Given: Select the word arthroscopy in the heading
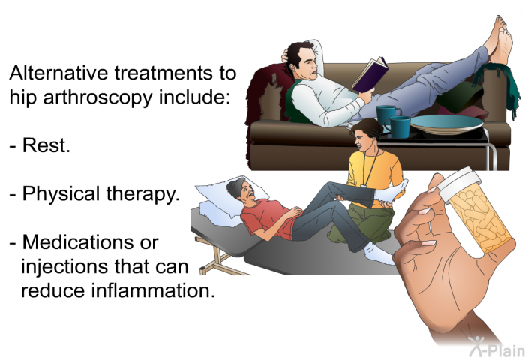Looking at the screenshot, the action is point(97,97).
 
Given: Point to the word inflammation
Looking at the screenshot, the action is point(153,290).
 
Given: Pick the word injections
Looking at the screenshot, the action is point(66,266).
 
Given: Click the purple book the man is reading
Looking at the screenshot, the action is point(370,75).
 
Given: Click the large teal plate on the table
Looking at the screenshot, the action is point(446,124).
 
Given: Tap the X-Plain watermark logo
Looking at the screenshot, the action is point(496,346).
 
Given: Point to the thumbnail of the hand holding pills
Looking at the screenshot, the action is point(426,213).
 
